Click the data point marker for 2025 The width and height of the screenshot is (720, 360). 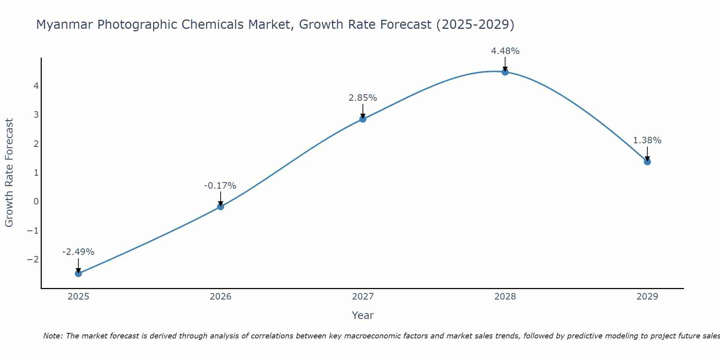pyautogui.click(x=78, y=273)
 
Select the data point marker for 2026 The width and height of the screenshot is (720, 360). pyautogui.click(x=221, y=206)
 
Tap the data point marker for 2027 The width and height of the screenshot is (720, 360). pyautogui.click(x=363, y=119)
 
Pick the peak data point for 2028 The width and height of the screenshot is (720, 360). pyautogui.click(x=505, y=72)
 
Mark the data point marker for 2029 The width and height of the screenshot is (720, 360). pyautogui.click(x=647, y=162)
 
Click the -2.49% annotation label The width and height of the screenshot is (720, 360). pyautogui.click(x=78, y=252)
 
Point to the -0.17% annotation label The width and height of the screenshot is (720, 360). pyautogui.click(x=220, y=186)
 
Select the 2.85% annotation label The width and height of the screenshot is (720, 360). pyautogui.click(x=363, y=98)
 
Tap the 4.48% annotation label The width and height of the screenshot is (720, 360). pyautogui.click(x=505, y=51)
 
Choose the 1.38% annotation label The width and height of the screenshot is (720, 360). pyautogui.click(x=647, y=140)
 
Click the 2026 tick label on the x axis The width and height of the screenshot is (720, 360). pyautogui.click(x=221, y=297)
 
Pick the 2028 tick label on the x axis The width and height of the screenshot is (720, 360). pyautogui.click(x=505, y=297)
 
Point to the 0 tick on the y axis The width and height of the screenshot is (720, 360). pyautogui.click(x=36, y=202)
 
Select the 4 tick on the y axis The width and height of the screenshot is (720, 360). pyautogui.click(x=36, y=86)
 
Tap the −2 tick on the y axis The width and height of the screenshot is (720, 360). pyautogui.click(x=33, y=260)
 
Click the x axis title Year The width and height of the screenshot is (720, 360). pyautogui.click(x=363, y=315)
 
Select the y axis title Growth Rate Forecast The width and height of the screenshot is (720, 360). pyautogui.click(x=9, y=173)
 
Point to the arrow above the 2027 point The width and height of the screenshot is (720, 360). pyautogui.click(x=363, y=111)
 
